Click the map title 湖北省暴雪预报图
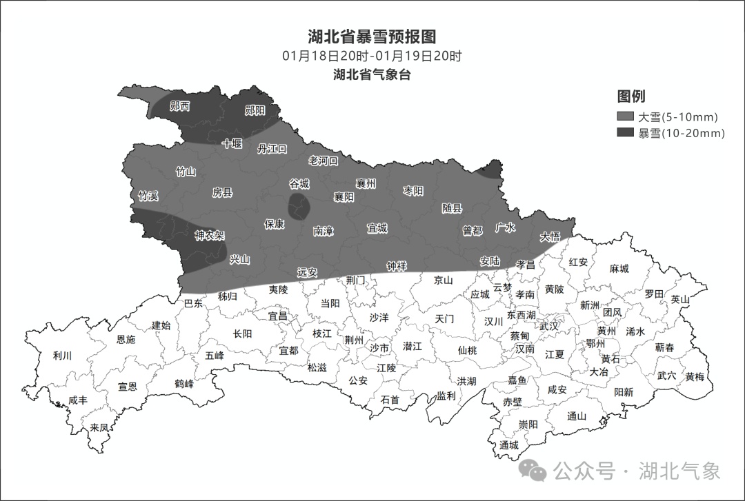click(x=372, y=37)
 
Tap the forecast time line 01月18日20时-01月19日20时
click(x=372, y=57)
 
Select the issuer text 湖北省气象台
click(x=372, y=74)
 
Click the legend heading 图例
click(x=631, y=96)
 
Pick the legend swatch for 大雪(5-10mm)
click(x=626, y=116)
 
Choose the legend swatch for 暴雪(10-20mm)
click(x=626, y=133)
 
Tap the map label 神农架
click(x=210, y=236)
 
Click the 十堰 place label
click(x=232, y=143)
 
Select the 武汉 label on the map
click(x=550, y=326)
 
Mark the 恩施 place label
click(x=126, y=339)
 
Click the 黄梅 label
click(x=695, y=377)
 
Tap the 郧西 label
click(x=180, y=106)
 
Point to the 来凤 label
click(x=99, y=427)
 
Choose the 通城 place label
click(x=509, y=445)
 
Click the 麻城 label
click(x=619, y=269)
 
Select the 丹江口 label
click(x=272, y=149)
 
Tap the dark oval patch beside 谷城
click(x=299, y=206)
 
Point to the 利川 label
click(x=62, y=356)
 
